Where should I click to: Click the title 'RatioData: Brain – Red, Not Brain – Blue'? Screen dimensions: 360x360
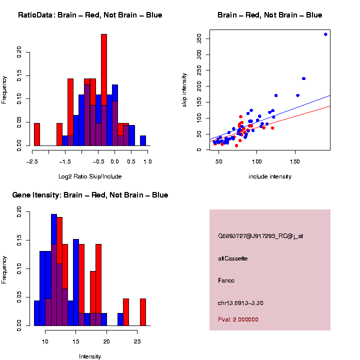(90, 15)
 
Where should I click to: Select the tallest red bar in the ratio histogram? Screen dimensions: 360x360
(104, 90)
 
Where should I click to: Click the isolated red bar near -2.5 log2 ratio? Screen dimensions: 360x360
(37, 134)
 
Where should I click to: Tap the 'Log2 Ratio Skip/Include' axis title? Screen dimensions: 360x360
(90, 176)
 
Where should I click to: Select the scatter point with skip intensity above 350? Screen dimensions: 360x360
(325, 34)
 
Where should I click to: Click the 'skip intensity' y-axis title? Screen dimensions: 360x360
(184, 89)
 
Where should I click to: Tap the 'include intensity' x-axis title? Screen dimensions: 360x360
(270, 176)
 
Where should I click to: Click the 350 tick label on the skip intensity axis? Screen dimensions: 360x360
(198, 38)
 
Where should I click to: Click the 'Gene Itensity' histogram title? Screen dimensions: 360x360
(90, 195)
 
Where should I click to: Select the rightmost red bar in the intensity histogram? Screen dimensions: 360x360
(143, 312)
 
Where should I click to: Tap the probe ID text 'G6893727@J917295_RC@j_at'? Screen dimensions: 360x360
(260, 236)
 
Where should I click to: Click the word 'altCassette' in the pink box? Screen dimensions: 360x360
(233, 258)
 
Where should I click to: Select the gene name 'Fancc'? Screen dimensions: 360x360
(226, 280)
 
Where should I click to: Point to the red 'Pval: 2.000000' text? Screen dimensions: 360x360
(238, 319)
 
